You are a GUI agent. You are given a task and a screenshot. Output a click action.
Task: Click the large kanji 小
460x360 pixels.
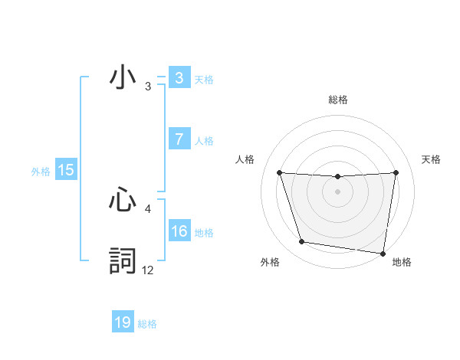pos(123,78)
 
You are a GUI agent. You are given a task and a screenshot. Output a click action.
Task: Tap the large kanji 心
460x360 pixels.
pos(123,201)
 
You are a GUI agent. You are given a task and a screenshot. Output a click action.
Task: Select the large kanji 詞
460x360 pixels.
pos(123,260)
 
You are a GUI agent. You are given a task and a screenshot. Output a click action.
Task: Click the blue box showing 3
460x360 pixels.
pos(179,78)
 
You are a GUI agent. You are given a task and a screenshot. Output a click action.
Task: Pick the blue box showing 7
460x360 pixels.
pos(179,139)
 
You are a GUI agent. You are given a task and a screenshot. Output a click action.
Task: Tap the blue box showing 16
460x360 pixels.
pos(179,231)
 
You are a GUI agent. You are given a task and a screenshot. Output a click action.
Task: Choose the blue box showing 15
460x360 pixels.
pos(66,170)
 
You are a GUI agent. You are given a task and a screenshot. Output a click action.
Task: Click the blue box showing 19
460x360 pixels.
pos(123,322)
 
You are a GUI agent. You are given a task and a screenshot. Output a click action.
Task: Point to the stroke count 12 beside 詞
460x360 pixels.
pos(147,270)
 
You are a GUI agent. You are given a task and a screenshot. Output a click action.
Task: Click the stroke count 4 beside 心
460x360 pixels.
pos(147,208)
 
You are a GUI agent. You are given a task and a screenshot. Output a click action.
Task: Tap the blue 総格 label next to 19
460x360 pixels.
pos(147,324)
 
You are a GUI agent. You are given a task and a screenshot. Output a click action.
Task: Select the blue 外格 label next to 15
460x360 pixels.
pos(41,172)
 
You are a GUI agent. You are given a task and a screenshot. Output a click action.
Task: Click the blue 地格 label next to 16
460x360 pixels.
pos(204,233)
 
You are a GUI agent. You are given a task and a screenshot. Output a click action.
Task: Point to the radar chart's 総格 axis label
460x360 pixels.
pos(337,100)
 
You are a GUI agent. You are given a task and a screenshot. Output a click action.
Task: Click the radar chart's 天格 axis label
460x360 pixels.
pos(432,159)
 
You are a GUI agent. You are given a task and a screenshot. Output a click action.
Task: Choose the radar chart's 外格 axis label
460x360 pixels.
pos(270,262)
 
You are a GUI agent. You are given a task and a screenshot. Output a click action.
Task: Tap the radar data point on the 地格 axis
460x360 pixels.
pos(382,253)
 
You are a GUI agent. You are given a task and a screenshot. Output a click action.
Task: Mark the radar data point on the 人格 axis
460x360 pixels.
pos(279,172)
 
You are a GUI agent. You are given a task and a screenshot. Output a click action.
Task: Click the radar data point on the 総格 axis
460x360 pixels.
pos(337,177)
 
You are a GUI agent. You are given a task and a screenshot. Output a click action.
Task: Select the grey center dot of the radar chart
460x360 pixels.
pos(337,191)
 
